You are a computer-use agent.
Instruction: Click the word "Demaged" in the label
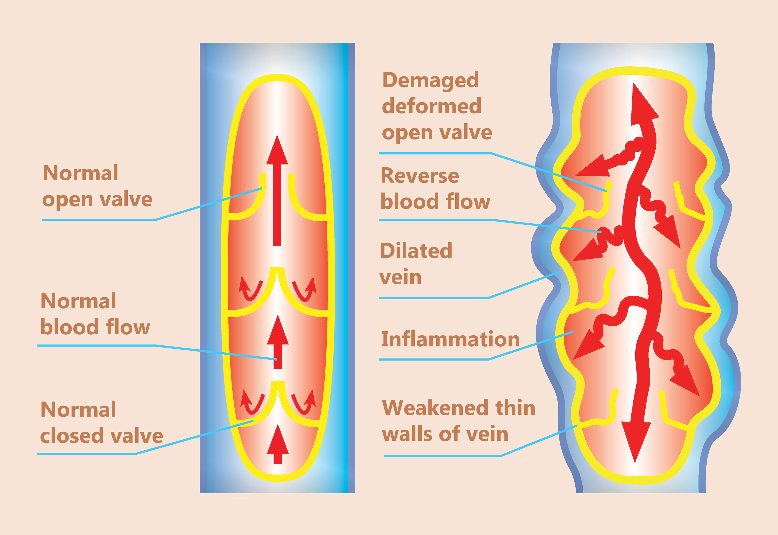(431, 80)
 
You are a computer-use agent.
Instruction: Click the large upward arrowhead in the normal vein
(277, 151)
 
